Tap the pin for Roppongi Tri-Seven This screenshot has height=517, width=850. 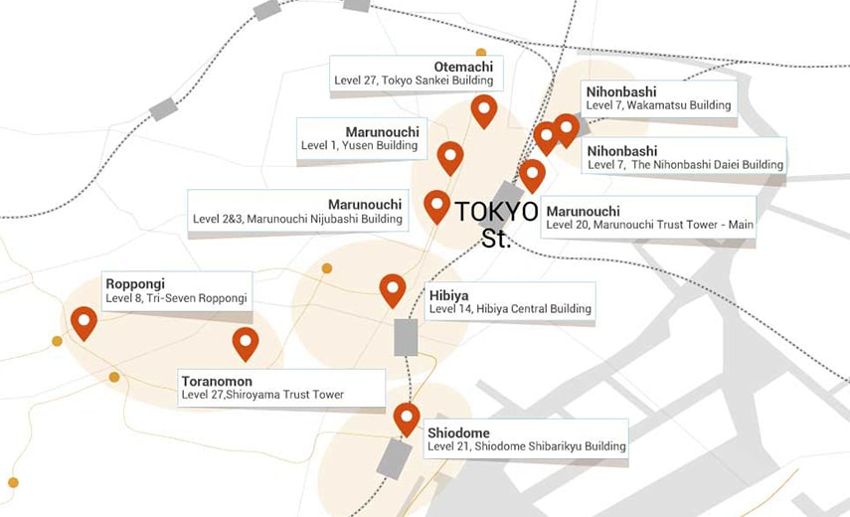pyautogui.click(x=84, y=320)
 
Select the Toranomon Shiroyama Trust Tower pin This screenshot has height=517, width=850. pyautogui.click(x=246, y=341)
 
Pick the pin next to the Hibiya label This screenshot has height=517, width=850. pyautogui.click(x=393, y=288)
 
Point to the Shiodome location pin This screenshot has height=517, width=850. pyautogui.click(x=407, y=417)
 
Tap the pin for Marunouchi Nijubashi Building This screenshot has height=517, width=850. pyautogui.click(x=436, y=204)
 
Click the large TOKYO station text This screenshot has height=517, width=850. pyautogui.click(x=496, y=212)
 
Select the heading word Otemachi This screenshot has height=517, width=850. pyautogui.click(x=463, y=67)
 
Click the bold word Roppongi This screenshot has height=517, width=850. pyautogui.click(x=135, y=283)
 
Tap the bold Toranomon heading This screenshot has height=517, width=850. pyautogui.click(x=217, y=381)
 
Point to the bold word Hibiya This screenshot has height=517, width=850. pyautogui.click(x=448, y=295)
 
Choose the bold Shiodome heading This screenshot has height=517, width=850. pyautogui.click(x=457, y=432)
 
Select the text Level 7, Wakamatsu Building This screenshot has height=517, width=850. pyautogui.click(x=658, y=104)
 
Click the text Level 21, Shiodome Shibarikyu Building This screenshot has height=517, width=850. pyautogui.click(x=527, y=446)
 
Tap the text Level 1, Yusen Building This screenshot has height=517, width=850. pyautogui.click(x=359, y=145)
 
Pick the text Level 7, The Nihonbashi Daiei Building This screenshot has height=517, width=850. pyautogui.click(x=685, y=164)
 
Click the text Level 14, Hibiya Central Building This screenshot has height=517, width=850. pyautogui.click(x=510, y=309)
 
